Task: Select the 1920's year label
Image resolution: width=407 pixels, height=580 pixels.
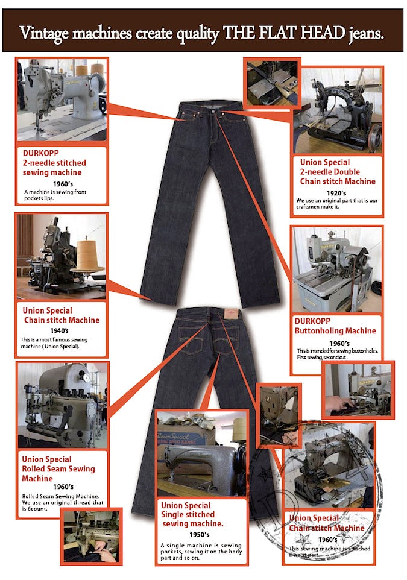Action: pos(338,192)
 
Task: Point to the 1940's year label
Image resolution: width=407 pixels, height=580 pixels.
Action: pos(62,331)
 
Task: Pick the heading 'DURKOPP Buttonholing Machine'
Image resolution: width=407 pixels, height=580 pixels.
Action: pos(335,326)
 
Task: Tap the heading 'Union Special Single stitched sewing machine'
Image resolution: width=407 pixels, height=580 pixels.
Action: pos(192,514)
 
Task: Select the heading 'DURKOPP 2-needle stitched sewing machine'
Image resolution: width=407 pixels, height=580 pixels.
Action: pos(54,163)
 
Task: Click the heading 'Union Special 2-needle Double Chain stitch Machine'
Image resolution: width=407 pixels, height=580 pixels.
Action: pos(338,172)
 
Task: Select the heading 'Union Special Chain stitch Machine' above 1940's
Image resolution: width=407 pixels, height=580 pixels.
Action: pos(60,315)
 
